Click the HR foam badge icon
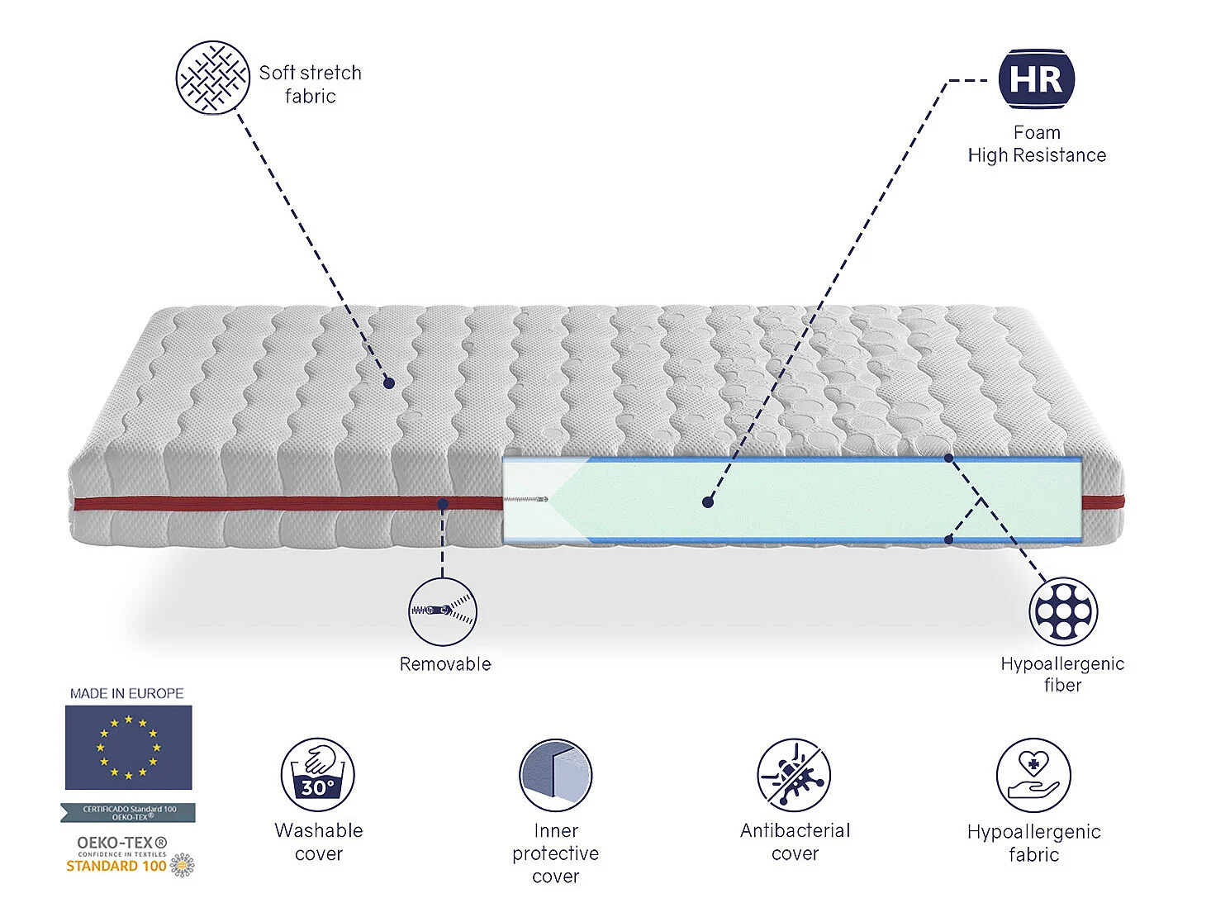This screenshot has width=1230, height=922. tap(1036, 79)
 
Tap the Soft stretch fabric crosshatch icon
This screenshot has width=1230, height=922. tap(212, 78)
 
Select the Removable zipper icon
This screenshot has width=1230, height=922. tap(443, 611)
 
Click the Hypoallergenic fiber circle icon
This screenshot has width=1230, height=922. tap(1062, 611)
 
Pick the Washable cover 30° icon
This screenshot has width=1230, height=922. tap(318, 775)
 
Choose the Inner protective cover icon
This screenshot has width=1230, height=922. tap(555, 775)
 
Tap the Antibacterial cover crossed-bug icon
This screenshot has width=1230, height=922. tap(794, 775)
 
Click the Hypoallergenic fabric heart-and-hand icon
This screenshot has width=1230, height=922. tap(1033, 776)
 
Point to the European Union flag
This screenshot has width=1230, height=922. tap(129, 747)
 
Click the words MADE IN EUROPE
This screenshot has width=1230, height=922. tap(127, 693)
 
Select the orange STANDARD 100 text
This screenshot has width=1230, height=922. tap(116, 866)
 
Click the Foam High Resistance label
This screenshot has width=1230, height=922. tap(1037, 145)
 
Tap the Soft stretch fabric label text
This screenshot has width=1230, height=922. tap(310, 84)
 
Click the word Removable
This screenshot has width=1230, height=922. tap(445, 664)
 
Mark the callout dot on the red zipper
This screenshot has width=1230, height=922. tap(443, 503)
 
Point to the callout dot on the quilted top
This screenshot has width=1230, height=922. tap(388, 383)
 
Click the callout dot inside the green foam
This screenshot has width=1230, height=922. tap(707, 501)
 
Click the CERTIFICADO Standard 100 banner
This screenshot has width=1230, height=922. tap(129, 813)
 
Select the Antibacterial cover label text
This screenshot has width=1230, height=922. tap(795, 842)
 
